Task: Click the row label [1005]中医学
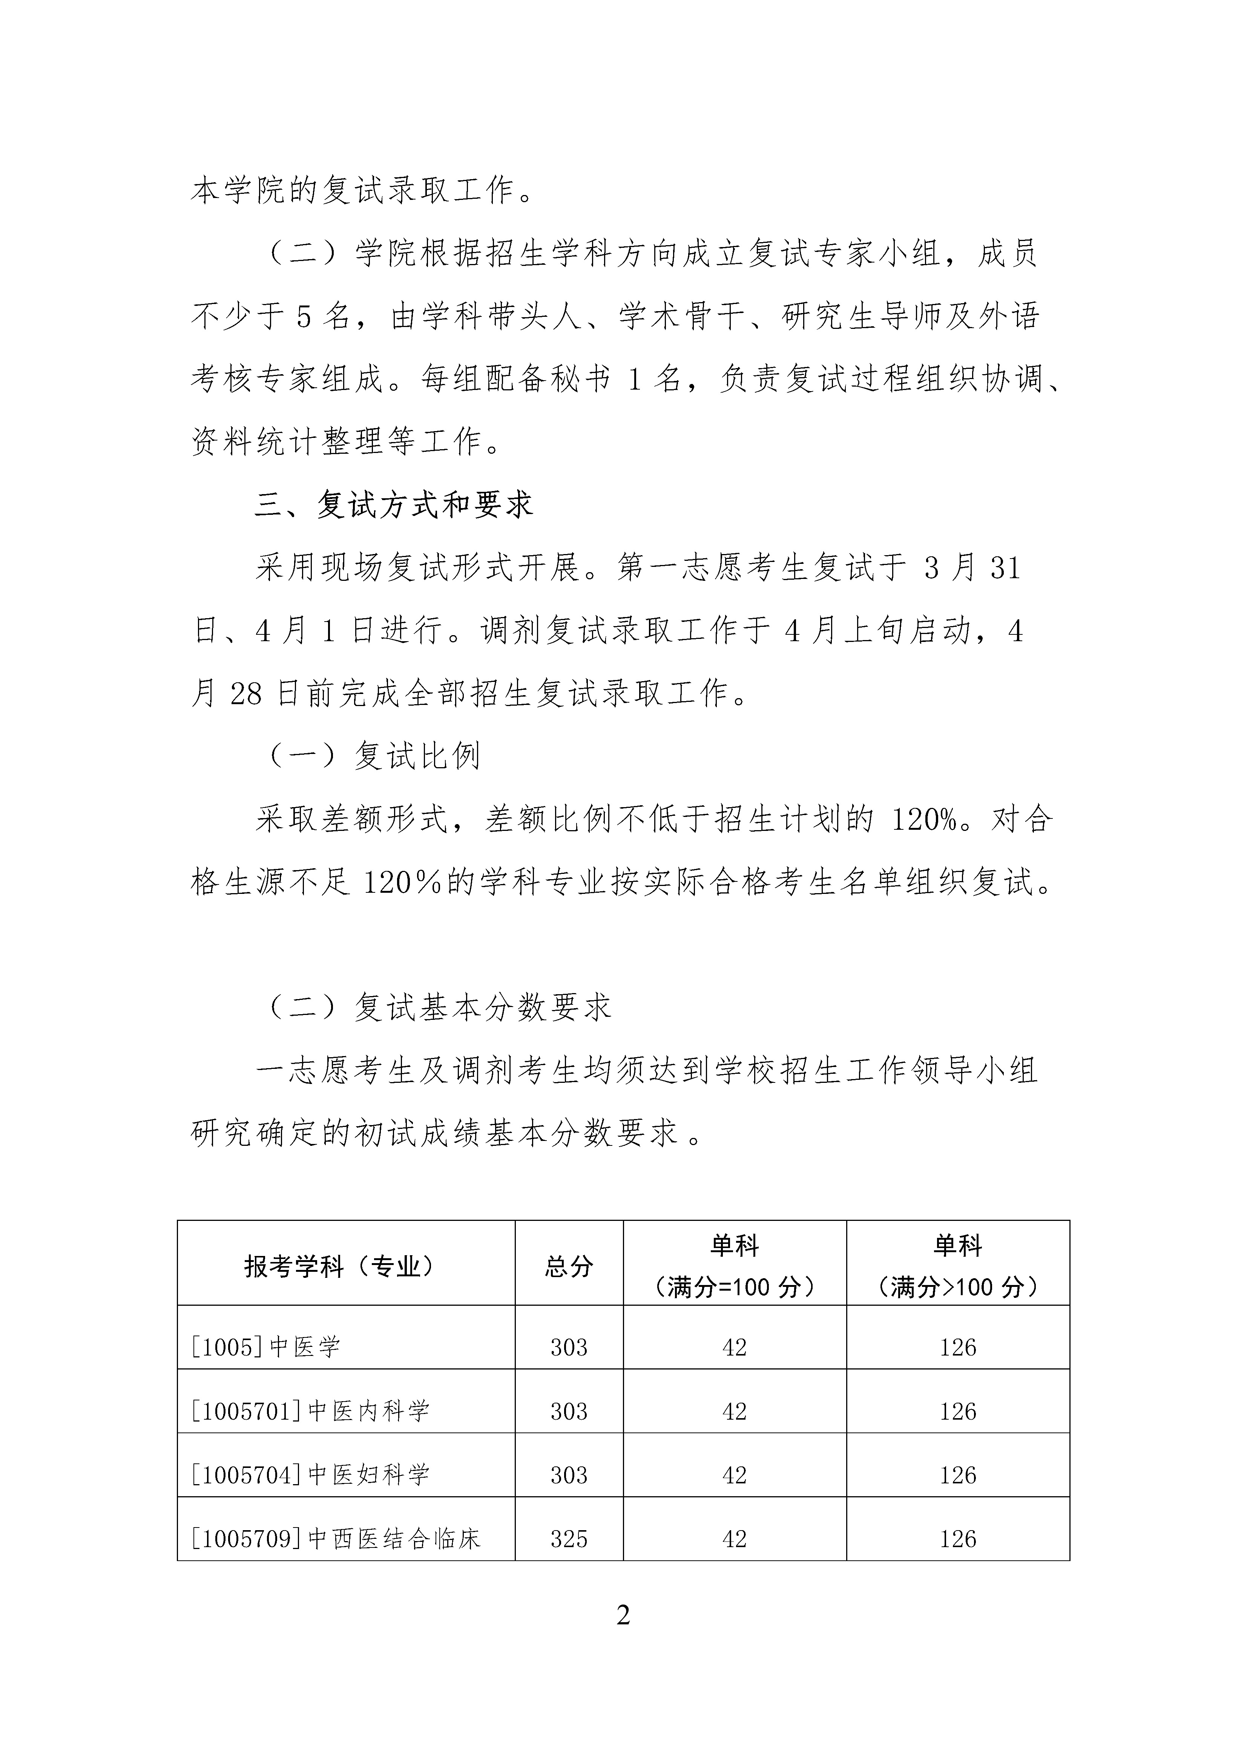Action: (x=265, y=1347)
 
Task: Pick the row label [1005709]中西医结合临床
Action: (x=336, y=1538)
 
